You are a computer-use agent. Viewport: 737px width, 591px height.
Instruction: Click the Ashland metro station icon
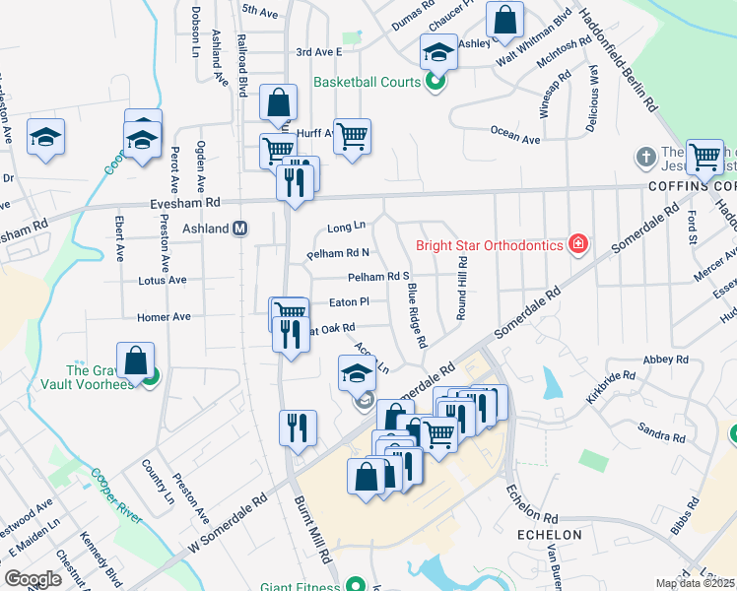(x=239, y=229)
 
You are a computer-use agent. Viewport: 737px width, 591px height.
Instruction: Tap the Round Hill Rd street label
(x=461, y=289)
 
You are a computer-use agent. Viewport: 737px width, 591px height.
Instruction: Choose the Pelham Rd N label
(x=338, y=253)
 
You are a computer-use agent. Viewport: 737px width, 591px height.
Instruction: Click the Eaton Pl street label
(x=349, y=302)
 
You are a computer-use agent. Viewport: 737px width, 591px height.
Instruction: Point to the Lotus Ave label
(x=163, y=280)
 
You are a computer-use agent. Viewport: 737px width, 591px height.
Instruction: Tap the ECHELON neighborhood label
(x=550, y=535)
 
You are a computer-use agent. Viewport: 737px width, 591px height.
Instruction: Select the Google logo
(x=33, y=578)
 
